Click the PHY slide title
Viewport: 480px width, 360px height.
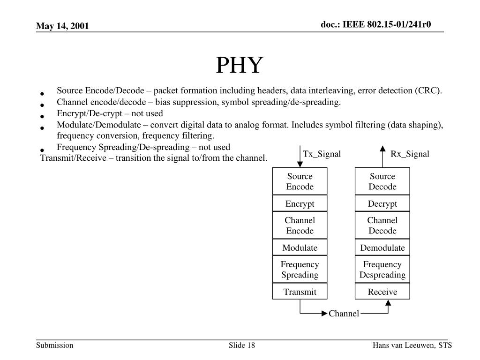point(240,66)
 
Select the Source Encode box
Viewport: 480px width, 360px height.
point(300,181)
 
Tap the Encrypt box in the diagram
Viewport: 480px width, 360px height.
point(300,203)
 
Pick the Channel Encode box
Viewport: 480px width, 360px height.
point(300,225)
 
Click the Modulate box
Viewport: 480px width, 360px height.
point(300,247)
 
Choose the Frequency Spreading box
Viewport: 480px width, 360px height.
point(300,270)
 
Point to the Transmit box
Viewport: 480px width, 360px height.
point(300,292)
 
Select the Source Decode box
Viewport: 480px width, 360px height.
point(382,181)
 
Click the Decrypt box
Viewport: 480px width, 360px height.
point(382,203)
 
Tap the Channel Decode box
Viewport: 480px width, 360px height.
point(382,225)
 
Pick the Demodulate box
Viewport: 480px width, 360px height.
point(382,247)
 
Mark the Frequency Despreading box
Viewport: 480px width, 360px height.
point(382,270)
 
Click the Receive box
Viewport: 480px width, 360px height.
point(382,292)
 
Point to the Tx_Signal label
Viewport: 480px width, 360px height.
point(322,154)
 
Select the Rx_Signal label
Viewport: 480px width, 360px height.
point(410,154)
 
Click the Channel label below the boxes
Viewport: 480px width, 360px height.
point(344,314)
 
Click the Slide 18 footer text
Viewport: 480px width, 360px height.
point(242,345)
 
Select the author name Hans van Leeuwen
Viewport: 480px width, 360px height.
point(404,345)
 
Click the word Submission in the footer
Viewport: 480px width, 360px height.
point(55,345)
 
